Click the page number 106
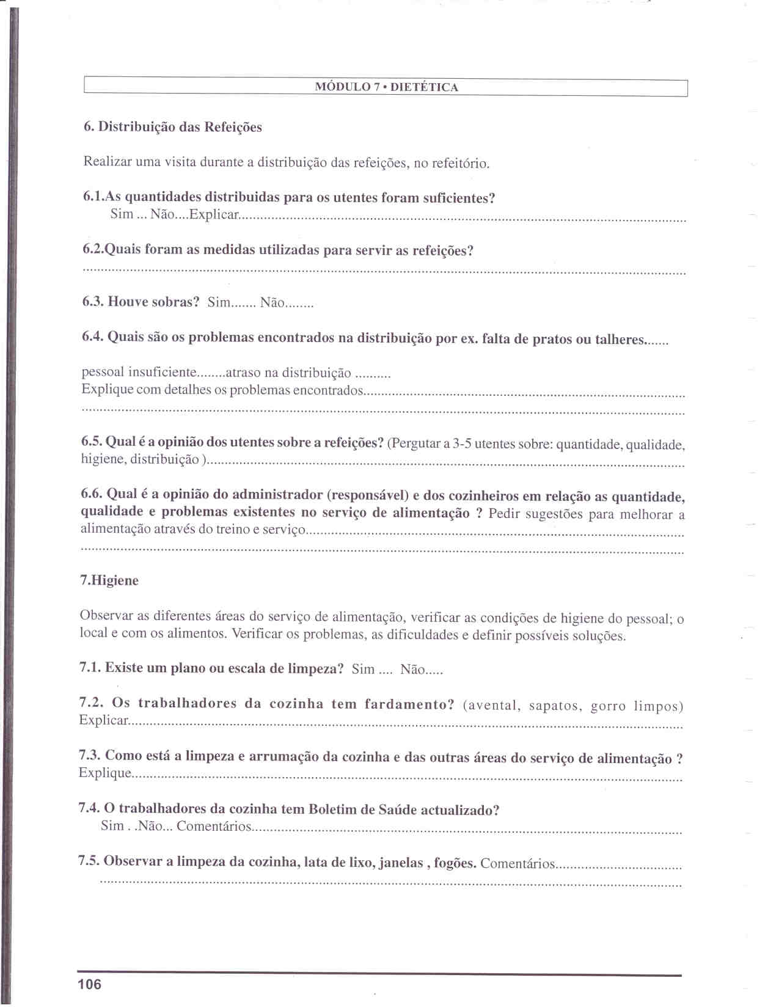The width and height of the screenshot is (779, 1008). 89,984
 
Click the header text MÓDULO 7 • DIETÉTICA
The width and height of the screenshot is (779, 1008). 386,87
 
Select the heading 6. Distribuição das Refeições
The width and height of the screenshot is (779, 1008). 173,127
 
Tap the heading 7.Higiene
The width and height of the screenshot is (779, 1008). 109,580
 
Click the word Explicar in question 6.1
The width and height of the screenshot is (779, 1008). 214,214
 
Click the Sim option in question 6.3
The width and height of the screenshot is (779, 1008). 219,302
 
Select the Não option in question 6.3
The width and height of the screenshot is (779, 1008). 272,302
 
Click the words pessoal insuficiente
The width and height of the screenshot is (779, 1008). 139,372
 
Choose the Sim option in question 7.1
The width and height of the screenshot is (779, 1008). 363,669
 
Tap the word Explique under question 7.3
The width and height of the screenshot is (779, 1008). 104,773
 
